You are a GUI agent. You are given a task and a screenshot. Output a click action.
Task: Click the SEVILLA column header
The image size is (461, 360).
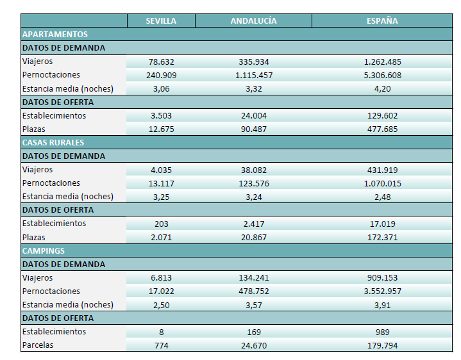tap(161, 21)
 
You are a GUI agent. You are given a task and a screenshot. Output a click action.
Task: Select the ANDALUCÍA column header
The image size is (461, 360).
tap(253, 21)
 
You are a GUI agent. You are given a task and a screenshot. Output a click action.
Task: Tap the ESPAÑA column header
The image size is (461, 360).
tap(382, 21)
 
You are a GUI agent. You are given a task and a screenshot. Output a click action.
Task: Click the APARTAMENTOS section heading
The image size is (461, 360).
tap(55, 35)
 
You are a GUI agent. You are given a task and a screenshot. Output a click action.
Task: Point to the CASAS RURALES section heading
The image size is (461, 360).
tap(53, 143)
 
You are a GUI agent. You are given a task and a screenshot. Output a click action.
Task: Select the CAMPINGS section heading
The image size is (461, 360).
tap(44, 250)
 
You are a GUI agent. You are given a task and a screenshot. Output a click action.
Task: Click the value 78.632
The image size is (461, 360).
tap(161, 62)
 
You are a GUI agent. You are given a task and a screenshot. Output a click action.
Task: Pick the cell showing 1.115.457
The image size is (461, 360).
tap(254, 76)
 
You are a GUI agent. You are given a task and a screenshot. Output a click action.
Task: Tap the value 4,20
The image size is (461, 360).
tap(382, 89)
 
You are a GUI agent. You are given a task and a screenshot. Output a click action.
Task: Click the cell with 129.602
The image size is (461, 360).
tap(382, 116)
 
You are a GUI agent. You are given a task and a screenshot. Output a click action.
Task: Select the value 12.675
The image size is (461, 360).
tap(161, 129)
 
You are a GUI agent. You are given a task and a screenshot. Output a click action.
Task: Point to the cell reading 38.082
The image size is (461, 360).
tap(254, 170)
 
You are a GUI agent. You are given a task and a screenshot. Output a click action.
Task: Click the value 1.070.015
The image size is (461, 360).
tap(382, 184)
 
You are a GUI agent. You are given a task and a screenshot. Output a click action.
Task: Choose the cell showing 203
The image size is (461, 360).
tap(161, 224)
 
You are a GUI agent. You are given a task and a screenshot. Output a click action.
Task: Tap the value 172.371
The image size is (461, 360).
tap(382, 237)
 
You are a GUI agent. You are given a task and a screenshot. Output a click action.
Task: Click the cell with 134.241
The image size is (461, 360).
tap(254, 278)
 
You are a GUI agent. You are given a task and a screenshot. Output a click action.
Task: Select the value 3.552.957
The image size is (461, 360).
tap(382, 291)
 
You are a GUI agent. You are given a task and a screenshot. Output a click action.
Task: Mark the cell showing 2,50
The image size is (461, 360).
tap(161, 305)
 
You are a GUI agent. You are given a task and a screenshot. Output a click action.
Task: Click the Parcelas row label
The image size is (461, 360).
tap(38, 345)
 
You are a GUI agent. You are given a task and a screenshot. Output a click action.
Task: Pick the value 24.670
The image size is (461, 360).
tap(254, 346)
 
